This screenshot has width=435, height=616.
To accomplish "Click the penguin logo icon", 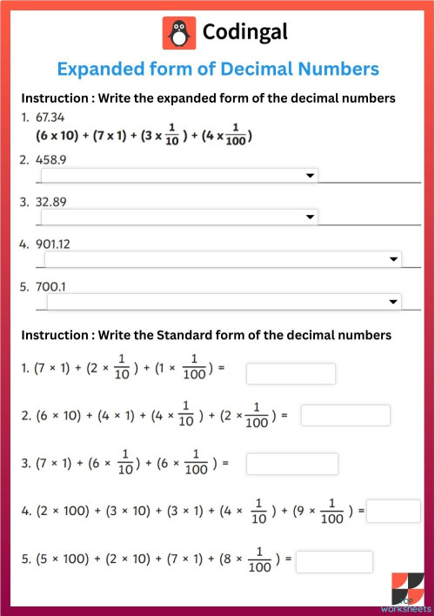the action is (178, 33).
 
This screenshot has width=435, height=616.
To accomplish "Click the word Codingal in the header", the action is (244, 33).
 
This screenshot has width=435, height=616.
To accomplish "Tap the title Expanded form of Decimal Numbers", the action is (217, 68).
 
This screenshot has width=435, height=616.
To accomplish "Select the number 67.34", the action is (50, 117).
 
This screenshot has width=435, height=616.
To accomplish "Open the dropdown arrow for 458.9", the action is (311, 176).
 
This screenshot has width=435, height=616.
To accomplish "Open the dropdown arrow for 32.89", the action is (311, 217).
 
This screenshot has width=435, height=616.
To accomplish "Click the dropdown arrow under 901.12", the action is (393, 259).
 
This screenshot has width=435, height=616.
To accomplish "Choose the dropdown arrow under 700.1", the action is (393, 301).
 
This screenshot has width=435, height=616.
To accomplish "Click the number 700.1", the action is (51, 285).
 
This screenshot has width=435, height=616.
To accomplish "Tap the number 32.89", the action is (51, 202).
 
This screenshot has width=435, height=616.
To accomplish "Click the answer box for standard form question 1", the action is (291, 374).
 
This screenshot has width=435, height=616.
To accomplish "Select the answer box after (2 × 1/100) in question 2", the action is (345, 416).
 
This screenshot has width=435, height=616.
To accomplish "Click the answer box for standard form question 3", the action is (291, 464).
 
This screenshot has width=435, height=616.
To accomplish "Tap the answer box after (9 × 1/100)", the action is (393, 511).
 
